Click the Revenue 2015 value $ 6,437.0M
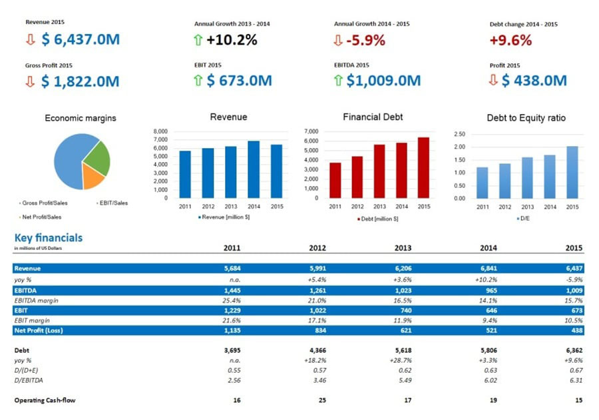click(80, 39)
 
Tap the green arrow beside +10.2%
click(198, 40)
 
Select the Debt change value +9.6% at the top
click(510, 40)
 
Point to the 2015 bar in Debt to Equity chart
click(572, 172)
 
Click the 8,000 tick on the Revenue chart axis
click(160, 131)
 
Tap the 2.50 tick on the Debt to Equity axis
click(459, 134)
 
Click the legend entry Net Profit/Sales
click(42, 217)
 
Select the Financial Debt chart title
click(373, 117)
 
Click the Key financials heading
click(49, 237)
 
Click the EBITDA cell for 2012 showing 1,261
click(317, 291)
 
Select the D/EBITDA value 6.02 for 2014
click(489, 380)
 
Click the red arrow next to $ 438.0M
click(493, 81)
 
